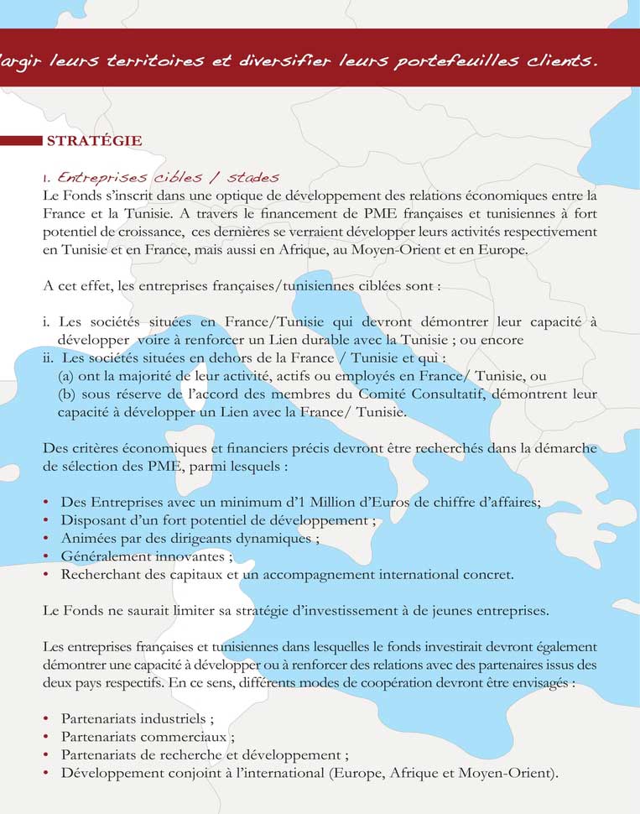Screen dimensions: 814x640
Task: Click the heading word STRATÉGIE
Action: tap(94, 141)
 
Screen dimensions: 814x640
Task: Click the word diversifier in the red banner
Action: tap(284, 61)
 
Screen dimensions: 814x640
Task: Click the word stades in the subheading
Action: tap(252, 178)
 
